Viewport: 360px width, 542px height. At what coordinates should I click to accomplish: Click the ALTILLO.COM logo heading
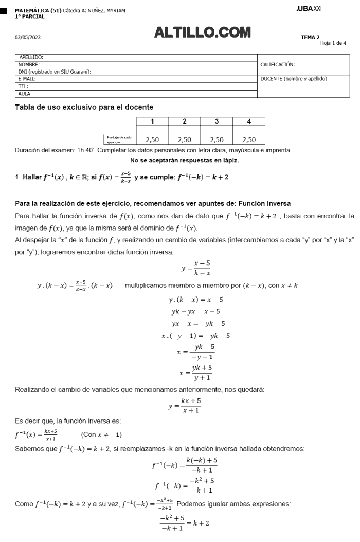coord(203,33)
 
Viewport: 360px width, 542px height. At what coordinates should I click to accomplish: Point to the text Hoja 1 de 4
coord(333,43)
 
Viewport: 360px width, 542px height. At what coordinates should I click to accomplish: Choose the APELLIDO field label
coord(32,57)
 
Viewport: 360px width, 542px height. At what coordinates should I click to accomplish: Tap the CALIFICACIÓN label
coord(278,65)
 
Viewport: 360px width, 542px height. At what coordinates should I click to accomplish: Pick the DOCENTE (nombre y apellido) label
coord(295,79)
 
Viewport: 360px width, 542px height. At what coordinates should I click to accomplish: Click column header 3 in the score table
coord(217,121)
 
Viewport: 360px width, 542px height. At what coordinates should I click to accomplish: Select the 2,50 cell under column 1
coord(152,139)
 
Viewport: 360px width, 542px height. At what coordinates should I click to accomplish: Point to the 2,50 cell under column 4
coord(249,139)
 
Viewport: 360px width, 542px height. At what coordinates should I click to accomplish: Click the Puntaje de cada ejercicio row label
coord(119,139)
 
